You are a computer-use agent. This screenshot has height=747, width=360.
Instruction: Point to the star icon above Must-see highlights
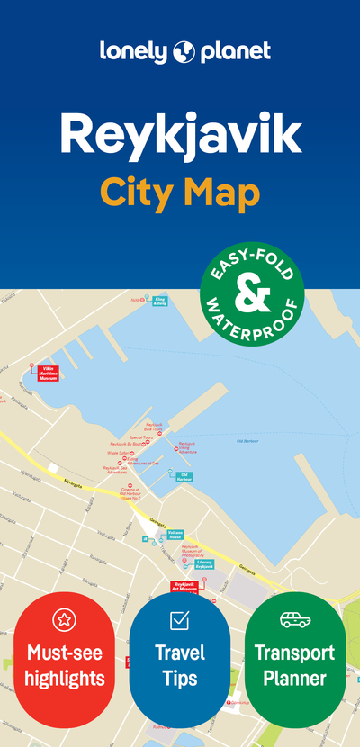point(65,618)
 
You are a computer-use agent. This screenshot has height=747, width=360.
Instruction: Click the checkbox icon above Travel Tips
point(180,620)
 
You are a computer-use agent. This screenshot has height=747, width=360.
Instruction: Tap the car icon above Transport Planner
point(294,619)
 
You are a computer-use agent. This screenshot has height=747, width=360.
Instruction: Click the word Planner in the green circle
point(294,677)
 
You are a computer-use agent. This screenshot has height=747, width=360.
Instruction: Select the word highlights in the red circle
point(65,677)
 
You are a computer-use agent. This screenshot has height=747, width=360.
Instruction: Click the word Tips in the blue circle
point(180,677)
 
